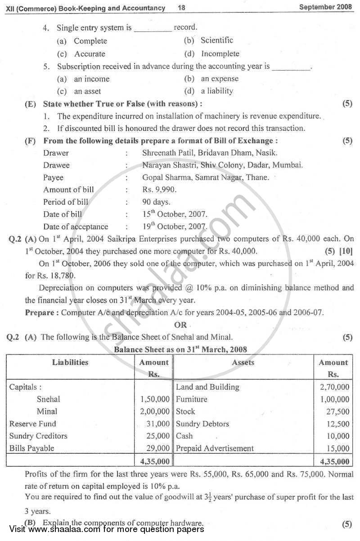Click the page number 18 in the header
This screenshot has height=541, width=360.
pyautogui.click(x=182, y=8)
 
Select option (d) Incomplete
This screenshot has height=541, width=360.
pyautogui.click(x=220, y=54)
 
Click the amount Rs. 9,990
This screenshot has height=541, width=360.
pyautogui.click(x=159, y=190)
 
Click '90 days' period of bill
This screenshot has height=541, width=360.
pyautogui.click(x=156, y=202)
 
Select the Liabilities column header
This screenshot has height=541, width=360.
pyautogui.click(x=70, y=362)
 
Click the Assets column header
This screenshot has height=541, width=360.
pyautogui.click(x=243, y=362)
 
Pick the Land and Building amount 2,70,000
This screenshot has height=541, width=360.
pyautogui.click(x=333, y=387)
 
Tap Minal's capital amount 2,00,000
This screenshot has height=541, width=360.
pyautogui.click(x=155, y=411)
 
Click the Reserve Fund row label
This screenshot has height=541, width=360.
pyautogui.click(x=33, y=424)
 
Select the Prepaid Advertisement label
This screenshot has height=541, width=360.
pyautogui.click(x=215, y=448)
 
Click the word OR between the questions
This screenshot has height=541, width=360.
pyautogui.click(x=180, y=325)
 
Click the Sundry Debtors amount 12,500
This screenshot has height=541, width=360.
pyautogui.click(x=337, y=424)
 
